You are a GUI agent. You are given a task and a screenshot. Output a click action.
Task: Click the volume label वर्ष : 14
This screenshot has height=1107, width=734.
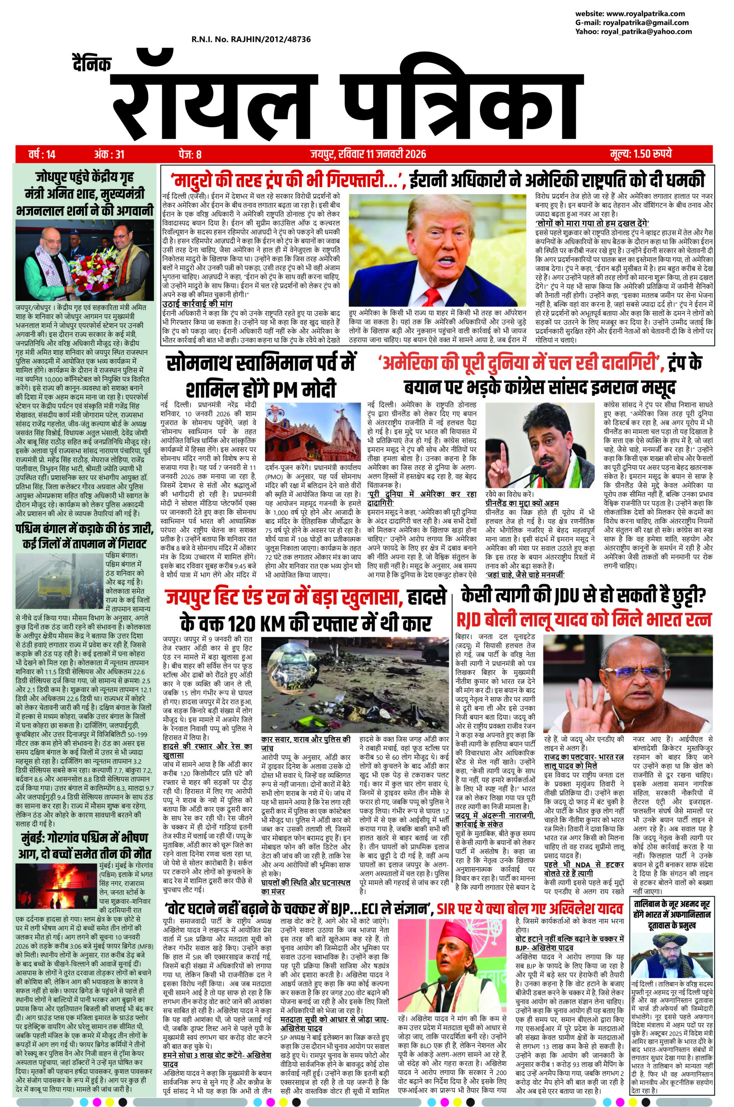pyautogui.click(x=41, y=153)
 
